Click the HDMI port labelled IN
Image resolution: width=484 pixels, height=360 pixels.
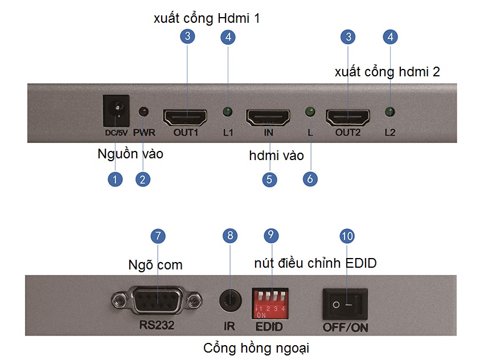click(x=269, y=117)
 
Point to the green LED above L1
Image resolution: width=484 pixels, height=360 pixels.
click(x=228, y=111)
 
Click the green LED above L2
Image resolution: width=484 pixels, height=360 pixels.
click(x=389, y=111)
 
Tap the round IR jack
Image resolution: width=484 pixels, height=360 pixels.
click(x=229, y=300)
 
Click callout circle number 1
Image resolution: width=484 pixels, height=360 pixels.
click(x=116, y=179)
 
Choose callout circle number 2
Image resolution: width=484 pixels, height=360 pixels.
click(x=143, y=179)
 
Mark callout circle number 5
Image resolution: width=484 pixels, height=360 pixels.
click(x=269, y=179)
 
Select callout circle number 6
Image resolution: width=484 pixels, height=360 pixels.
click(x=310, y=179)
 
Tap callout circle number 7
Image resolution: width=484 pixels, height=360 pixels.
click(x=158, y=235)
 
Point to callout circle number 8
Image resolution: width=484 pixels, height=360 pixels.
click(x=229, y=235)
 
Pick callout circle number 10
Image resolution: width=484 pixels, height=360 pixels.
click(x=346, y=235)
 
